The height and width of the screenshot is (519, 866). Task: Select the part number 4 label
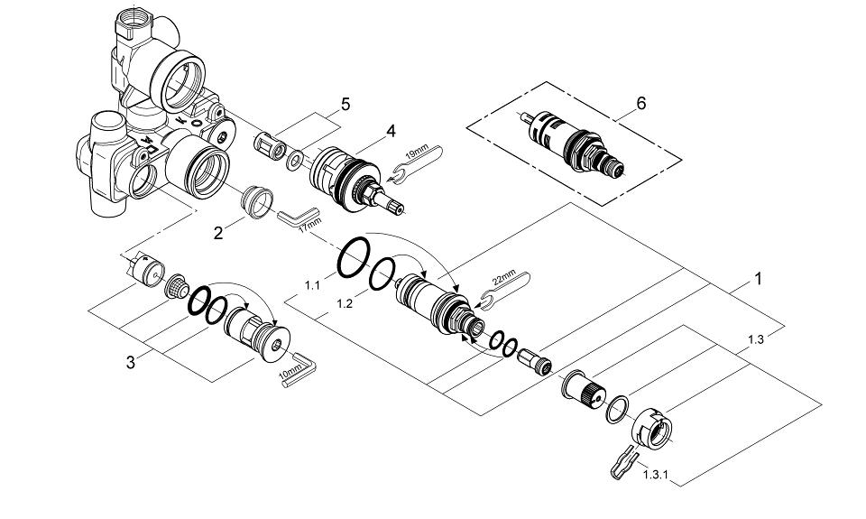click(x=391, y=131)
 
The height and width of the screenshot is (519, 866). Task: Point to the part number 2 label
click(x=217, y=233)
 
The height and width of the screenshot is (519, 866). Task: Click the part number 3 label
click(x=132, y=363)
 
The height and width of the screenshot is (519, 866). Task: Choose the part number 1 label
click(x=758, y=279)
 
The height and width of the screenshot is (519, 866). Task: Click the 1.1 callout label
click(x=312, y=285)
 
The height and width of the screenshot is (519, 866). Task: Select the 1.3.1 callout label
click(x=654, y=473)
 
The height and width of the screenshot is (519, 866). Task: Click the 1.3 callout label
click(x=756, y=340)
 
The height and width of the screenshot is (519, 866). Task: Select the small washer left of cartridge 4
click(x=294, y=164)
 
